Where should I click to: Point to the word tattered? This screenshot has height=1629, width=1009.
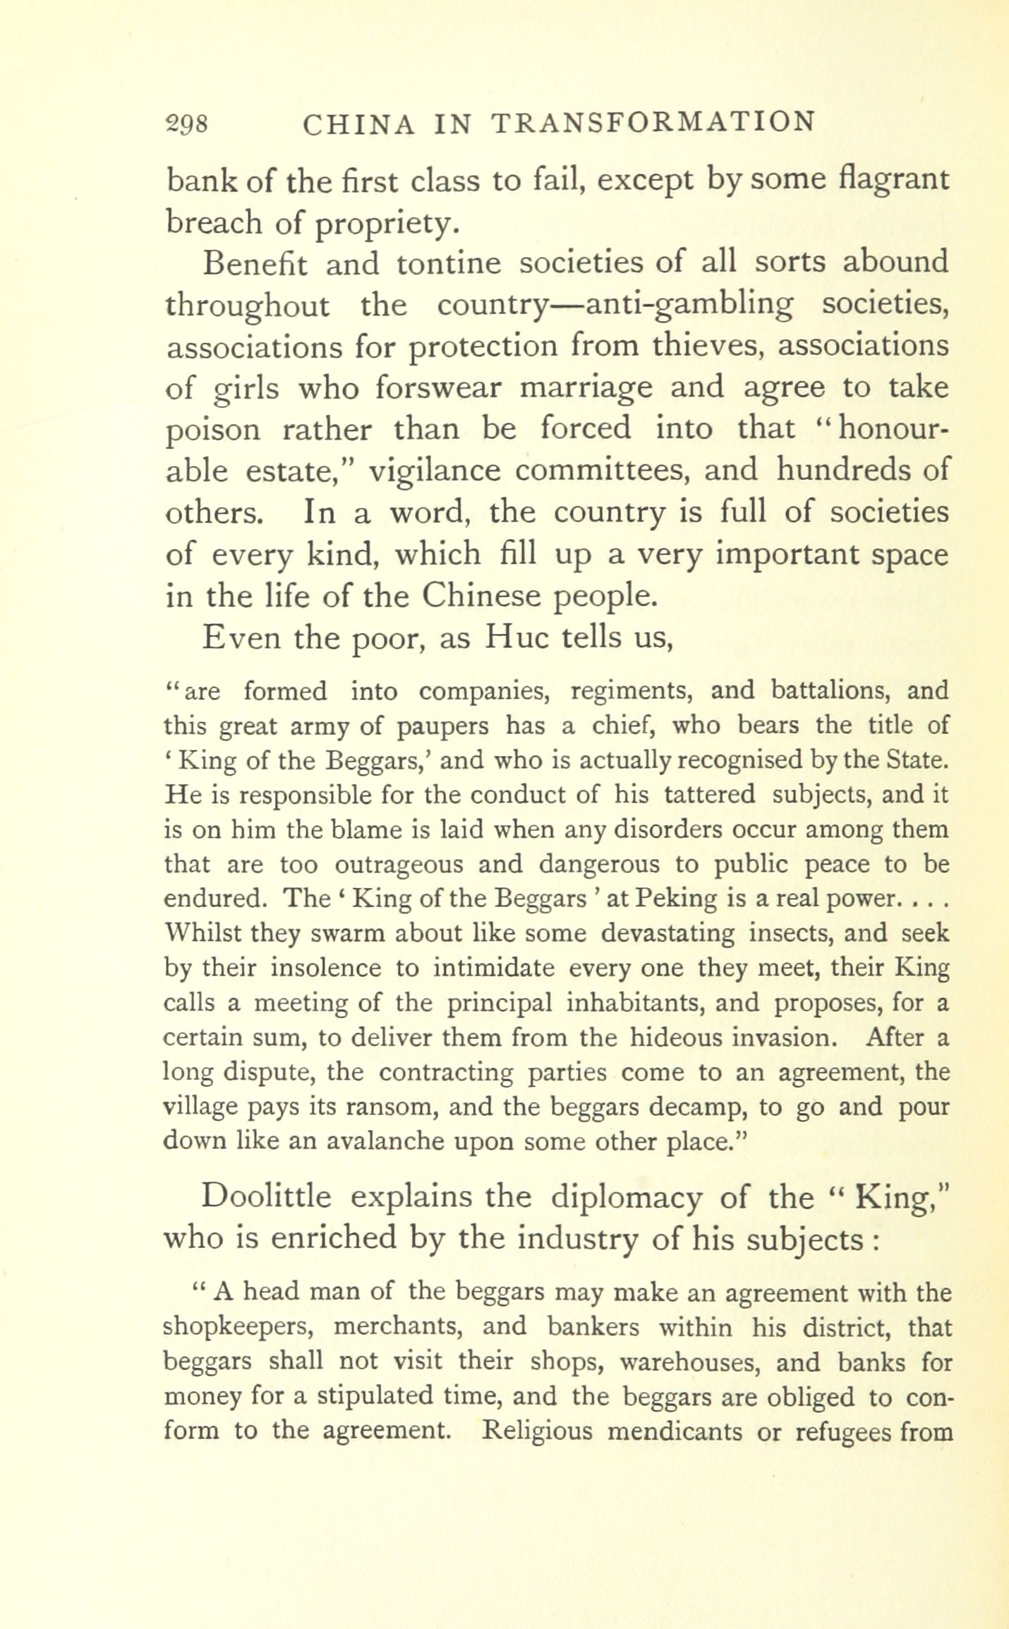tap(709, 795)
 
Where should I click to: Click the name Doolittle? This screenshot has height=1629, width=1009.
tap(266, 1197)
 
